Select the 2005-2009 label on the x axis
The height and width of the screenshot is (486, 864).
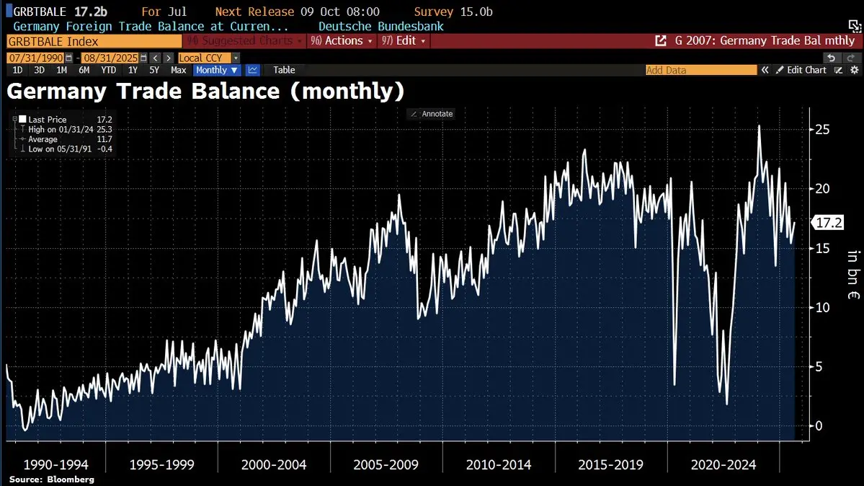[386, 464]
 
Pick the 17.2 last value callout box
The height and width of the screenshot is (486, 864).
[828, 223]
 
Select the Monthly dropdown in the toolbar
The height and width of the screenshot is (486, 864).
[217, 70]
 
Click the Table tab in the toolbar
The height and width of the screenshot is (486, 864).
[284, 70]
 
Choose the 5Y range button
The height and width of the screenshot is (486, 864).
[154, 70]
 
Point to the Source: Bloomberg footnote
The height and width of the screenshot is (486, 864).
[52, 480]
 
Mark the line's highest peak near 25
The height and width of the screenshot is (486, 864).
[759, 126]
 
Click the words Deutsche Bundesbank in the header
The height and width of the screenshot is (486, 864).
[380, 27]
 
